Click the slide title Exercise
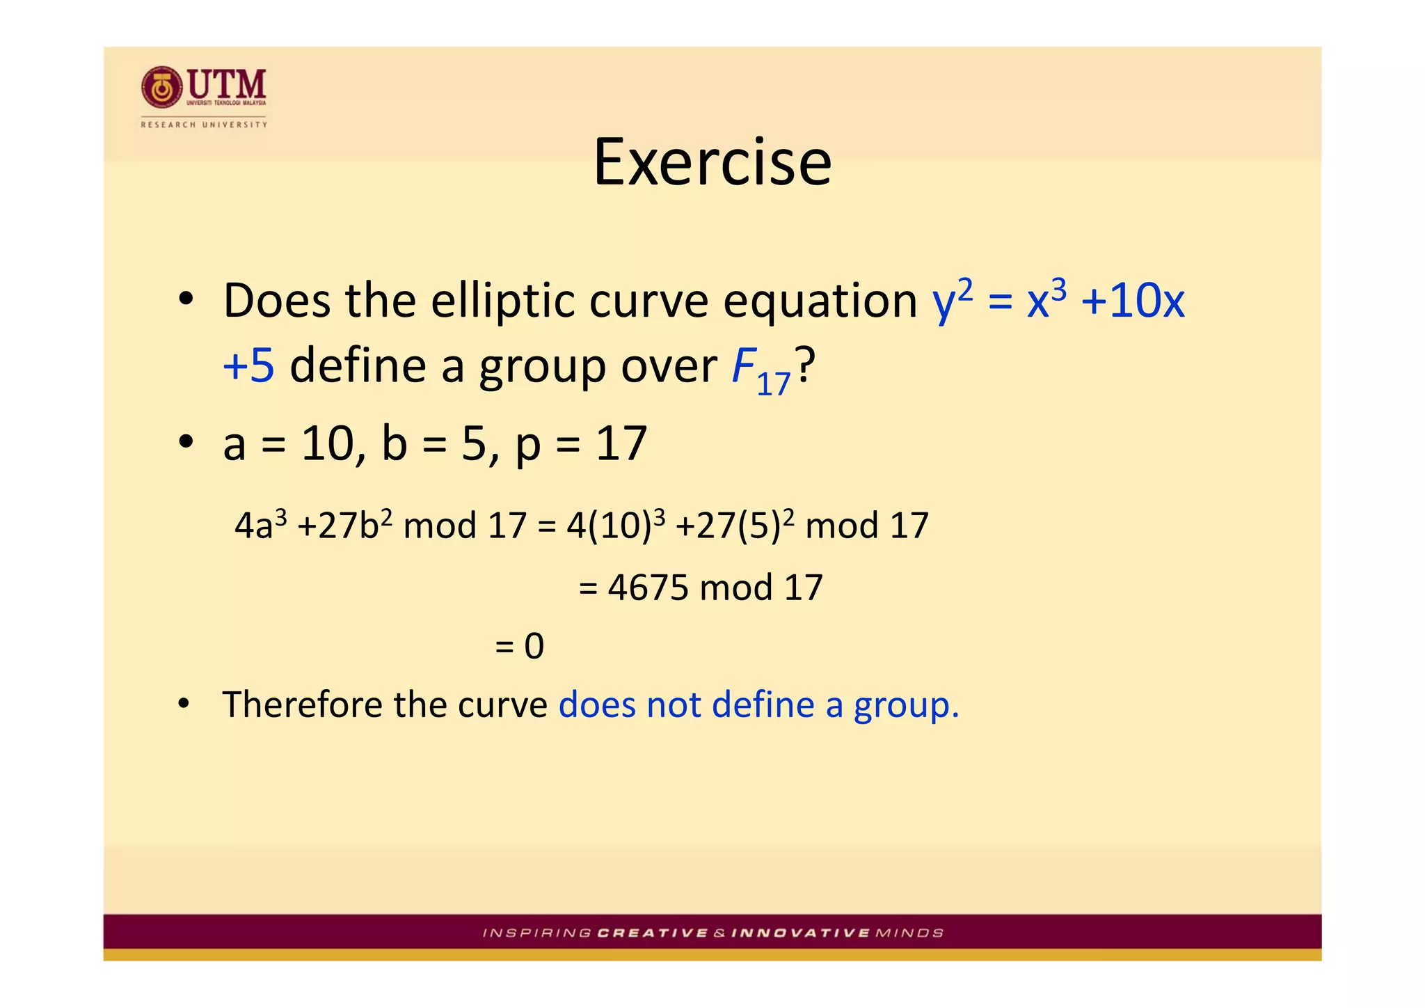tap(712, 162)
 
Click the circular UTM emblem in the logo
tap(161, 88)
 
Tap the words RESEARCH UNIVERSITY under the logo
tap(204, 125)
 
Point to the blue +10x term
tap(1133, 301)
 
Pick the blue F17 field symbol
tap(760, 370)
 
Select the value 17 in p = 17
tap(621, 444)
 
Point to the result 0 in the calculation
tap(534, 646)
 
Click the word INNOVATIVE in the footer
tap(800, 933)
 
